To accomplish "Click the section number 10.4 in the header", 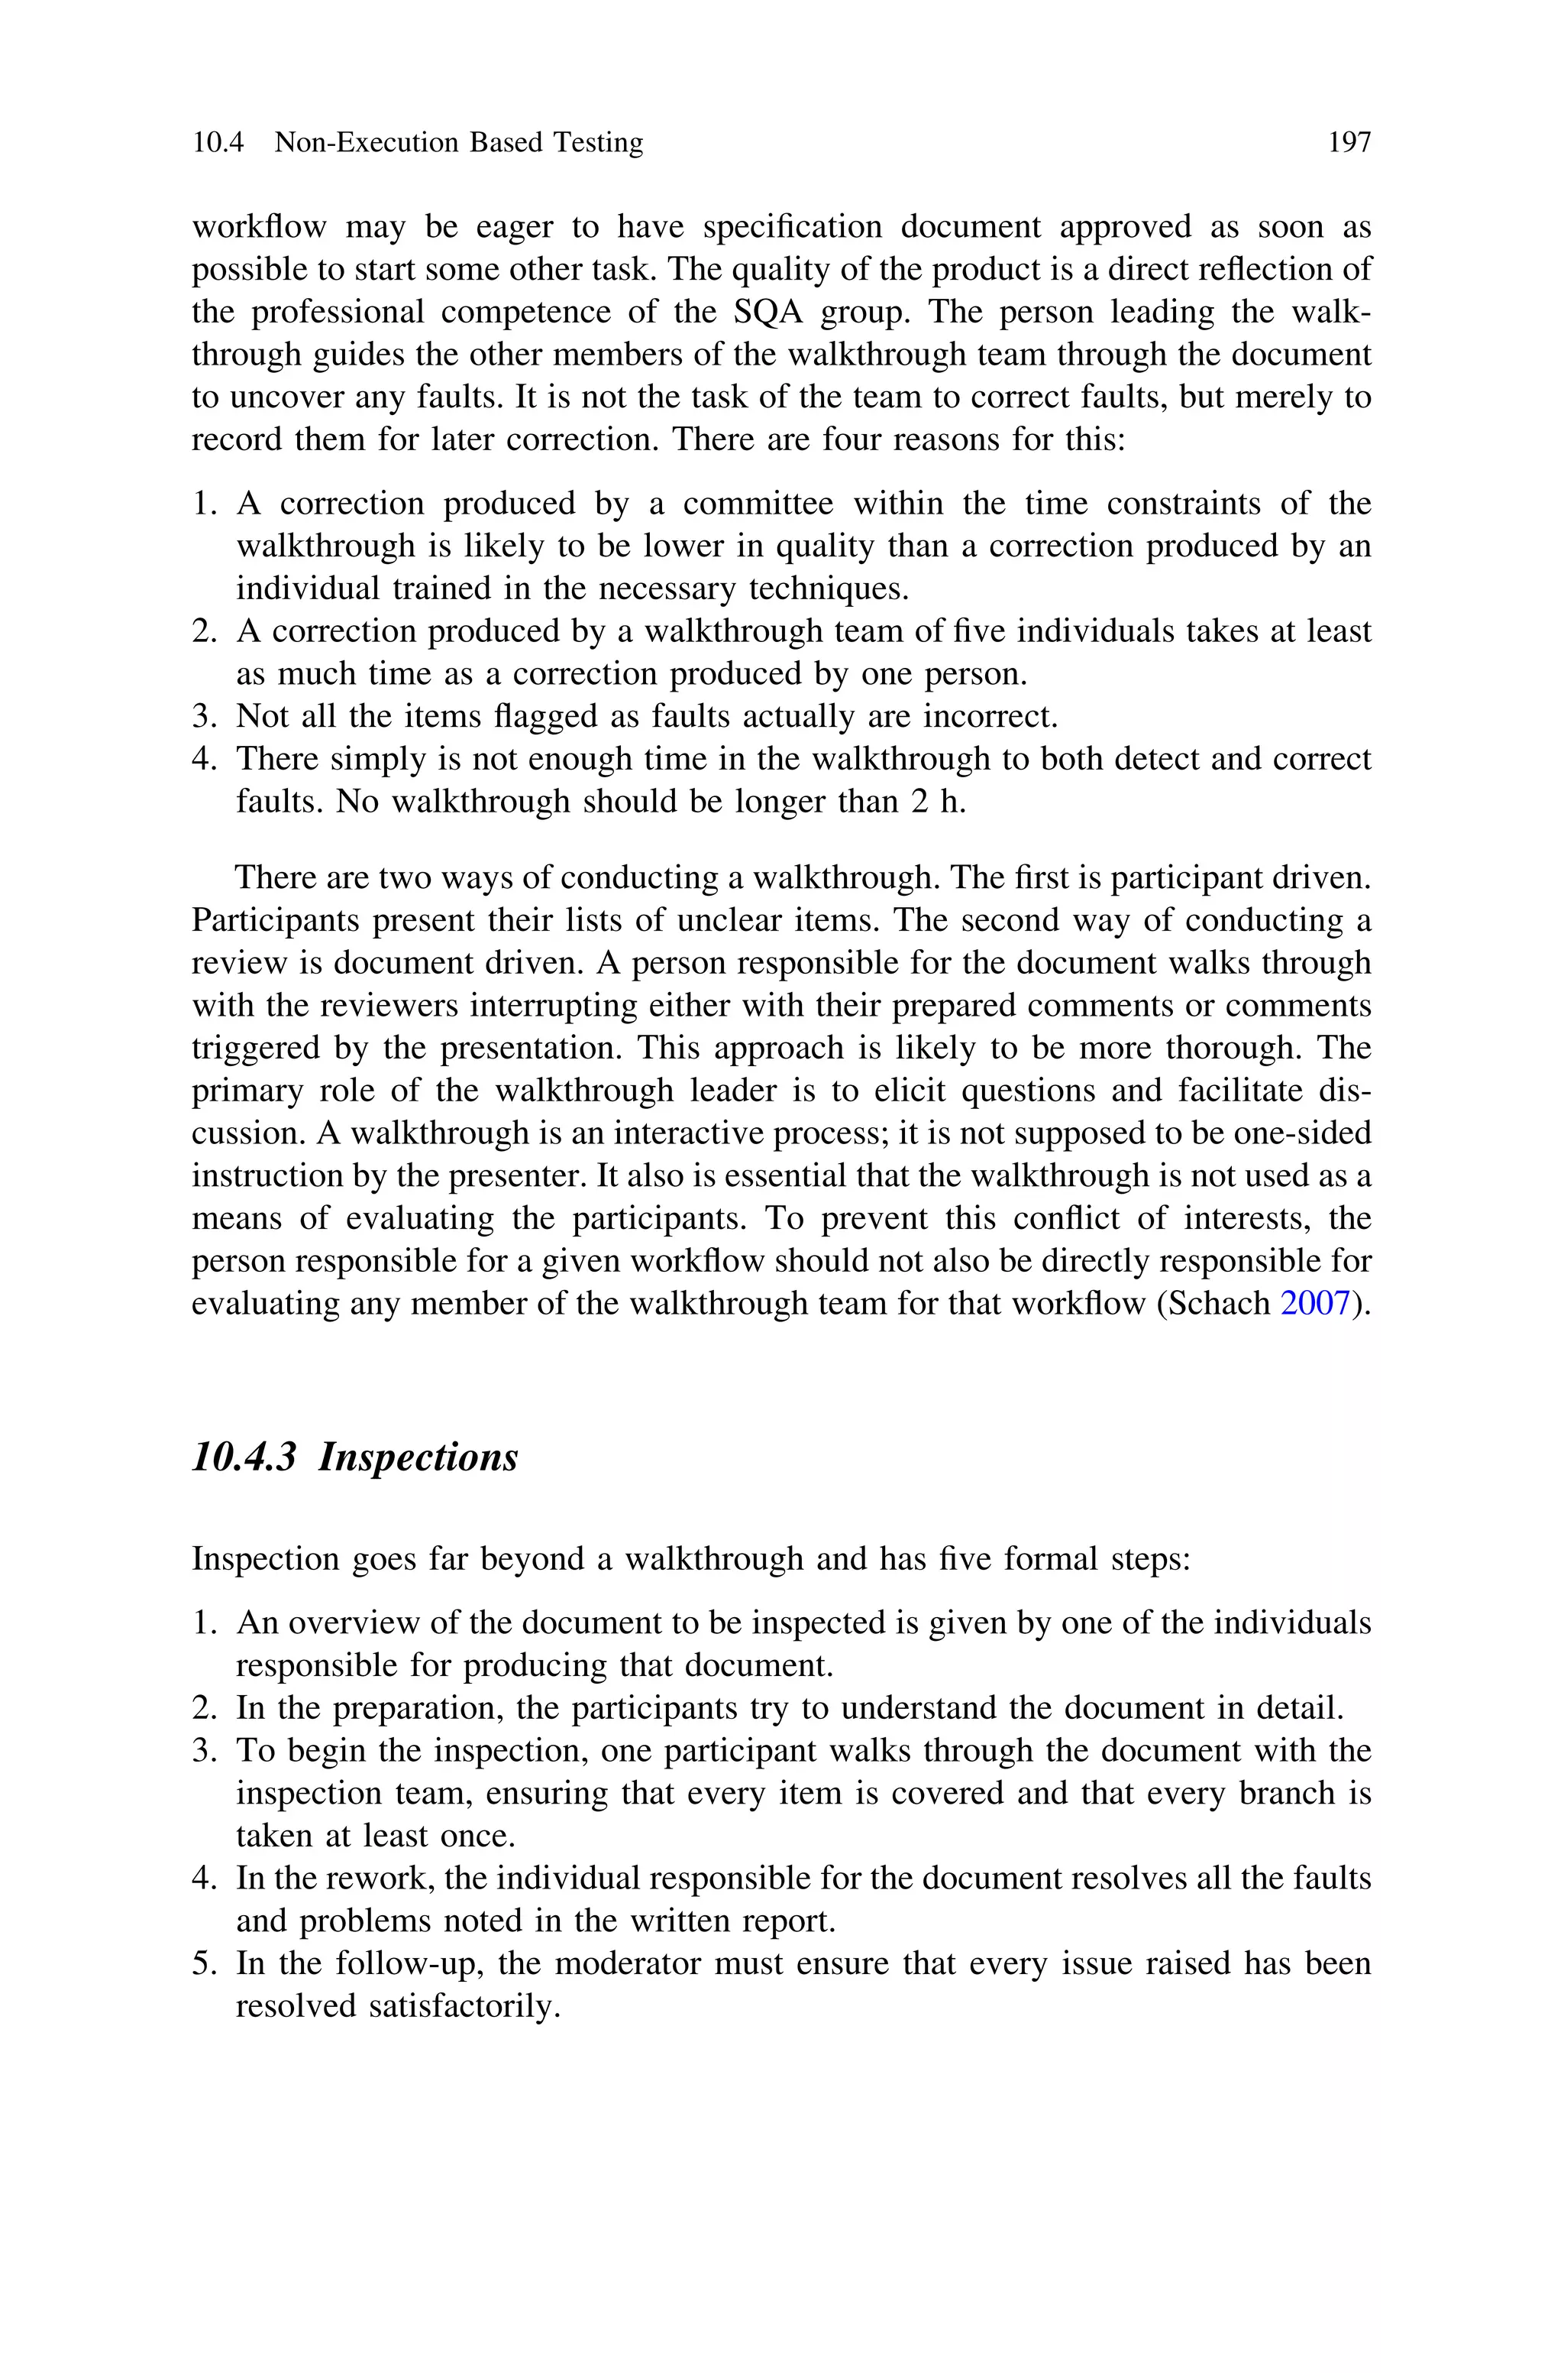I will (x=218, y=143).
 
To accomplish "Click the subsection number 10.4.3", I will (x=244, y=1457).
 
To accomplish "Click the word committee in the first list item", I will (x=758, y=504).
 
